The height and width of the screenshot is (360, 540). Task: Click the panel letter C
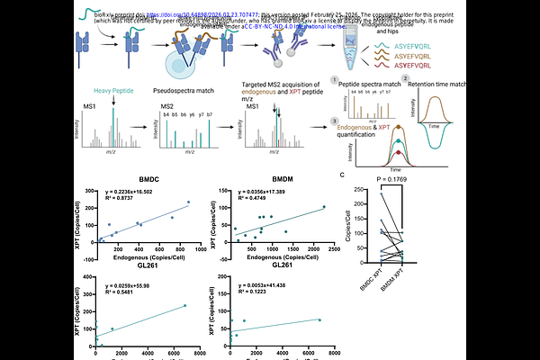coord(343,175)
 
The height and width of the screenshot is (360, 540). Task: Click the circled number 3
coord(335,121)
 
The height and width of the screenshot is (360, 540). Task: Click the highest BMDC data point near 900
coord(189,202)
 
